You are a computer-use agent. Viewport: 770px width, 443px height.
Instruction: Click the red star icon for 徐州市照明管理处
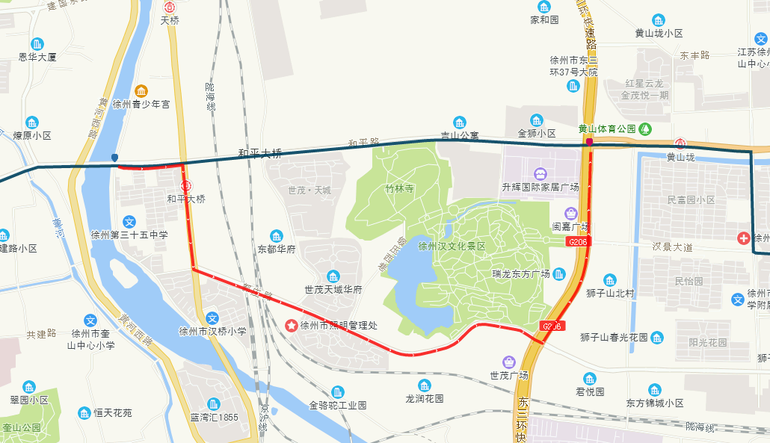290,326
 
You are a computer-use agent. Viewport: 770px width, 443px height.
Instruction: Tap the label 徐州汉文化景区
452,246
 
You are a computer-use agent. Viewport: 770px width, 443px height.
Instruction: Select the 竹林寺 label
400,189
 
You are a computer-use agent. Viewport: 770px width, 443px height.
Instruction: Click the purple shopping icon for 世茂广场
509,362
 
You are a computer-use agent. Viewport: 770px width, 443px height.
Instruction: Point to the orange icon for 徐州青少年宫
141,91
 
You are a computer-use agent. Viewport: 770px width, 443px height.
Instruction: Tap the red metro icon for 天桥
170,7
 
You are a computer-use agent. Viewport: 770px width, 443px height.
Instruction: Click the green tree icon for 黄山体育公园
645,128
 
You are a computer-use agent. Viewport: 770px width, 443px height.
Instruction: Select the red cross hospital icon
743,238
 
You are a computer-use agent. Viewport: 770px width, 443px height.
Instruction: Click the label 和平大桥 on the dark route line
259,154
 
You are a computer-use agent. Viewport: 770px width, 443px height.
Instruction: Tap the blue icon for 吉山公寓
459,122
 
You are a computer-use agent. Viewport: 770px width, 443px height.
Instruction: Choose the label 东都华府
277,249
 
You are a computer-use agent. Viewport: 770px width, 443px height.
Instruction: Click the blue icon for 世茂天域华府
333,276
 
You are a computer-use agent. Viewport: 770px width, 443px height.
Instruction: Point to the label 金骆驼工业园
338,405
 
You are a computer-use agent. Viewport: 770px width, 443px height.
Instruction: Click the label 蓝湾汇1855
214,417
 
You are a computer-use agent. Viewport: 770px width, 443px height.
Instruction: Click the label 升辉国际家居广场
540,187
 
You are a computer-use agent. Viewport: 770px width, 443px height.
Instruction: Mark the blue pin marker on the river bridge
114,158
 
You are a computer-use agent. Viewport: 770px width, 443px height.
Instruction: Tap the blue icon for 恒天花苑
84,413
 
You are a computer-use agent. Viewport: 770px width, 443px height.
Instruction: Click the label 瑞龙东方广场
521,273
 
